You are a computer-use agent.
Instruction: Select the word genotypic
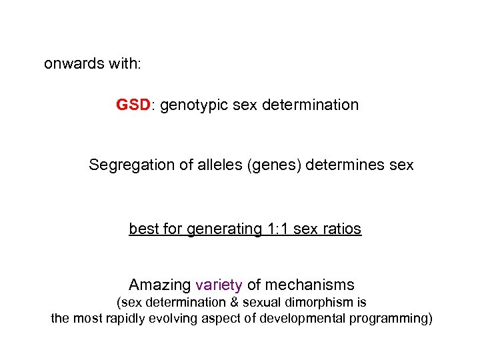[192, 105]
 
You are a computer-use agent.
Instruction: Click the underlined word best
[142, 229]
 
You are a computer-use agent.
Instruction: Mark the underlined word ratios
[341, 229]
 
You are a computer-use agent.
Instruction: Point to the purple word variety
[219, 285]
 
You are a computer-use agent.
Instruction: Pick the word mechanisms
[309, 285]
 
